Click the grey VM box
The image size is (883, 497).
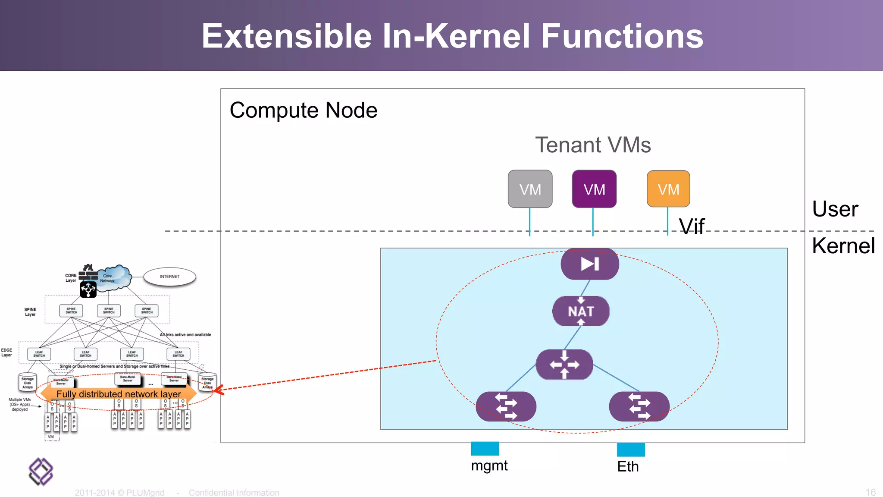point(530,189)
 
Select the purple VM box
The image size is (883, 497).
point(594,189)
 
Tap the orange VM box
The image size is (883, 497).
point(668,189)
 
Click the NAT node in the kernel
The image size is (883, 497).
point(581,311)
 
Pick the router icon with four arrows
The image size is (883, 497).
point(564,365)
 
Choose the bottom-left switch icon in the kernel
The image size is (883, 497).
point(506,406)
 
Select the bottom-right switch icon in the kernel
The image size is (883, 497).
point(639,406)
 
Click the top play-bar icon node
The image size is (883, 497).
point(590,264)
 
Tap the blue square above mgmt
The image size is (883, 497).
point(485,449)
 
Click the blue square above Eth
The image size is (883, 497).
point(631,450)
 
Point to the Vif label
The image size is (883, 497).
point(692,226)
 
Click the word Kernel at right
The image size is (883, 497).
point(843,246)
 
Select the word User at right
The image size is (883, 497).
point(835,209)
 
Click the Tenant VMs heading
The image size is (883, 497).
point(593,145)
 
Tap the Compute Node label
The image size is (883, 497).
point(304,110)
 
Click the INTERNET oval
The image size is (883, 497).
point(169,277)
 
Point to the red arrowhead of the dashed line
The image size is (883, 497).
point(217,390)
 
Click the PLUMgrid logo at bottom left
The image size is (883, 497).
point(41,472)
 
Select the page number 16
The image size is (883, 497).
point(870,492)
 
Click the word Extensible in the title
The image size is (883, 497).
point(287,36)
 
